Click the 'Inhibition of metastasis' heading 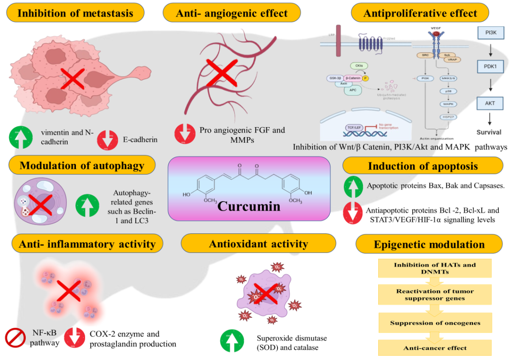[75, 13]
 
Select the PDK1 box [490, 67]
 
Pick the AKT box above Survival [490, 103]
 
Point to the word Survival [489, 132]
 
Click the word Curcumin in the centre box [248, 205]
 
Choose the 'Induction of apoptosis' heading [422, 166]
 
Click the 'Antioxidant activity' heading [258, 244]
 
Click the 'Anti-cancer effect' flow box [435, 348]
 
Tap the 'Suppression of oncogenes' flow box [435, 323]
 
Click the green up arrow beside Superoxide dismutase [233, 341]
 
